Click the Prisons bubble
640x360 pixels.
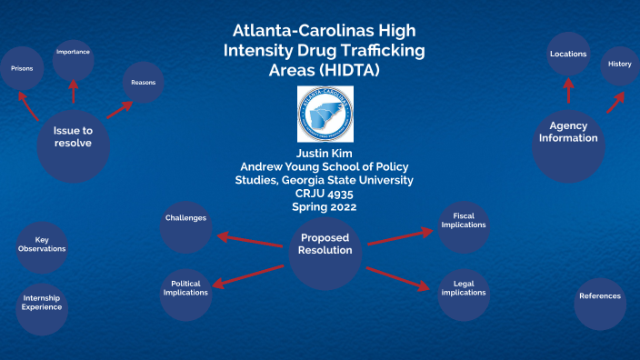[22, 68]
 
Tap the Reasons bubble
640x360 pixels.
[143, 83]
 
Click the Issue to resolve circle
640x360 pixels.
[73, 137]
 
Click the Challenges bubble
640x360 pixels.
[185, 219]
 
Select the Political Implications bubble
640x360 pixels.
[185, 288]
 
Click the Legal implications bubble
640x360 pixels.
[464, 288]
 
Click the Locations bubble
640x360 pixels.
[568, 55]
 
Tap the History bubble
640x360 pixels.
[620, 65]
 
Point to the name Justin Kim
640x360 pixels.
[324, 154]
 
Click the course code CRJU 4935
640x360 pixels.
[324, 193]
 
